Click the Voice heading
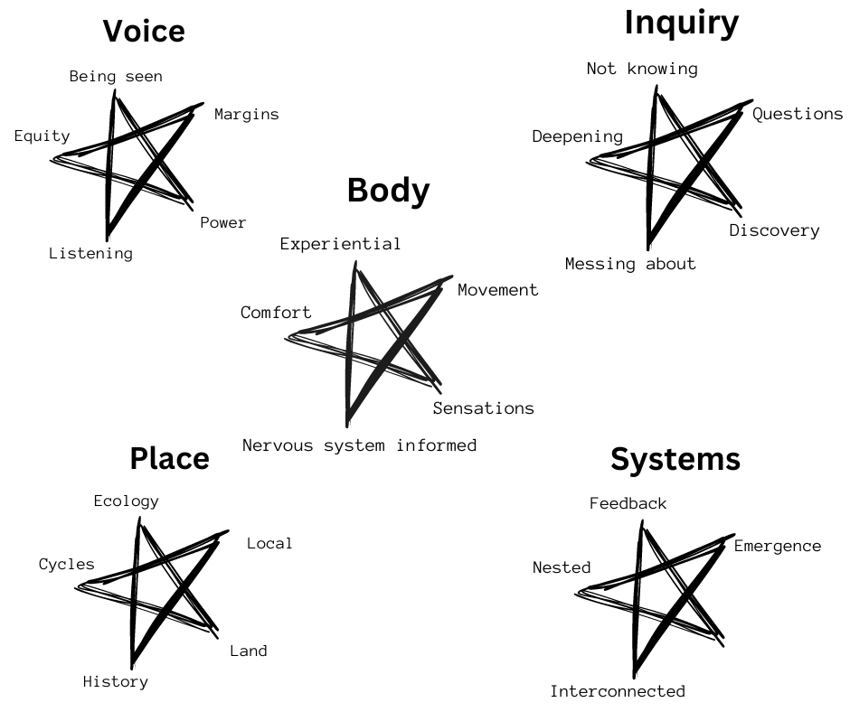(x=144, y=32)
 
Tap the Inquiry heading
(x=681, y=23)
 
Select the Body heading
(x=388, y=192)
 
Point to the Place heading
(x=169, y=458)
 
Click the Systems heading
(x=675, y=459)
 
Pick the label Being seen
(x=116, y=76)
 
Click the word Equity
(x=42, y=136)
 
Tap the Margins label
(x=247, y=114)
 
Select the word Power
(x=222, y=222)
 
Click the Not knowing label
(x=642, y=69)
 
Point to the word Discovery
(x=774, y=230)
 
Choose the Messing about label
(x=630, y=264)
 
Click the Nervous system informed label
(x=359, y=445)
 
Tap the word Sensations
(x=483, y=408)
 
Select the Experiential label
(x=340, y=243)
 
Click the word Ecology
(x=126, y=501)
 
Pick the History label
(x=115, y=681)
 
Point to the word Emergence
(x=777, y=546)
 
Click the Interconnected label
(x=618, y=691)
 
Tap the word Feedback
(x=628, y=503)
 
